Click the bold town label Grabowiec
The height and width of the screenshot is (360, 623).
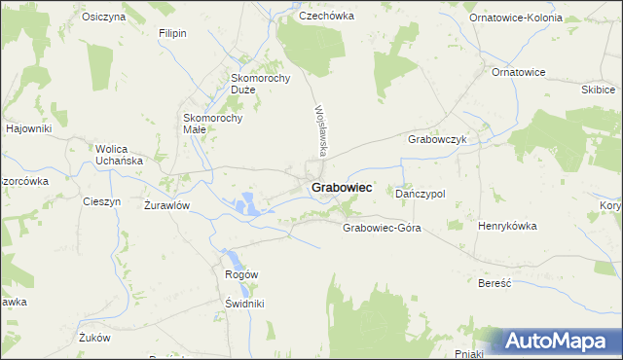pos(341,186)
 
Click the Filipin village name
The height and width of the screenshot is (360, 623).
pos(172,33)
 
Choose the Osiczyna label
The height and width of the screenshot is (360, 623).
pos(104,18)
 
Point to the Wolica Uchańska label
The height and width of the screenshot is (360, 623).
pos(119,155)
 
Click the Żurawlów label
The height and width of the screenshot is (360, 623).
pos(166,205)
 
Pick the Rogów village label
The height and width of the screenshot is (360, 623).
pos(241,274)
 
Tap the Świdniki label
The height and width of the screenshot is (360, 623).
pos(244,303)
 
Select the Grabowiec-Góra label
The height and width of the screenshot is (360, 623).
pos(381,228)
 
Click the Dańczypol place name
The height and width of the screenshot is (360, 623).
pos(421,194)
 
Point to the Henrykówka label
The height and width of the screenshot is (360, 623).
pos(507,226)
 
